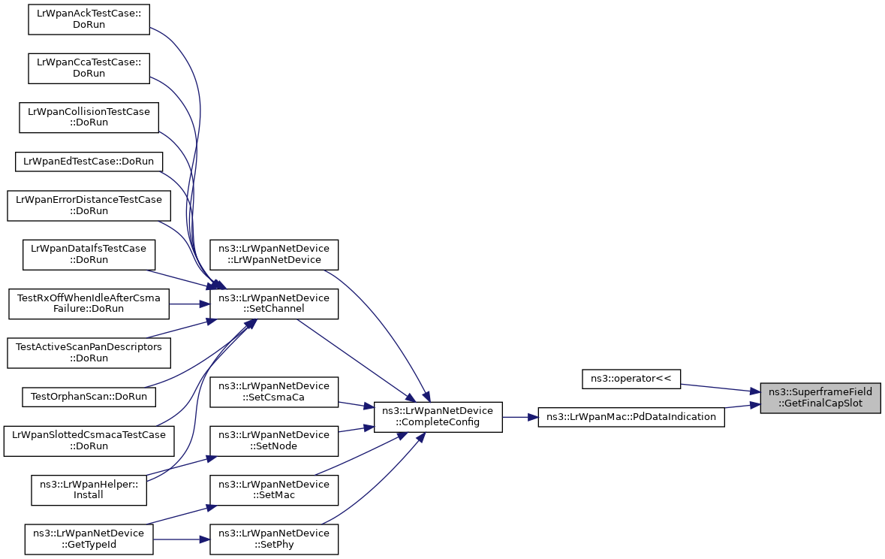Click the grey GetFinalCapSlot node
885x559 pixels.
click(820, 397)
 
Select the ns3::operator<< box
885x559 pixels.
click(631, 379)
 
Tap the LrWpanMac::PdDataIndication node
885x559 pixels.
click(631, 416)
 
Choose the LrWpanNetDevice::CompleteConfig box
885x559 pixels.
click(438, 416)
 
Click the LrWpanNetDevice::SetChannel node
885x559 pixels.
click(274, 304)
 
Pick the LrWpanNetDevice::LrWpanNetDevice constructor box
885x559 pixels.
click(274, 254)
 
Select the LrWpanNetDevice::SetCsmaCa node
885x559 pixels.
click(274, 391)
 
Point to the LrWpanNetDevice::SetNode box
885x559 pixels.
click(274, 440)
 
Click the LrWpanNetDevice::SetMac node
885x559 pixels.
click(274, 490)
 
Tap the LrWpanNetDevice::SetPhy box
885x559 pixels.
click(274, 539)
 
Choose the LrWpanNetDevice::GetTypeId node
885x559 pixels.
click(89, 539)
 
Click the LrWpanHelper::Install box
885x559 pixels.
click(89, 490)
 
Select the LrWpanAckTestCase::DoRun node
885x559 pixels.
click(89, 19)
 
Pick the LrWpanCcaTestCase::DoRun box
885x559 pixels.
click(89, 68)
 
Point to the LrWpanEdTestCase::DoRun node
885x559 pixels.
click(89, 161)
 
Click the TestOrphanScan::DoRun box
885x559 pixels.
click(89, 395)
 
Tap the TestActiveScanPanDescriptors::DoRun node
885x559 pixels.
click(89, 352)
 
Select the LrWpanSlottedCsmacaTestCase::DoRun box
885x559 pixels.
click(89, 440)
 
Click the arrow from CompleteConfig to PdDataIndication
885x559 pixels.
click(520, 416)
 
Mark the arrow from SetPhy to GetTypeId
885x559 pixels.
click(181, 539)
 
